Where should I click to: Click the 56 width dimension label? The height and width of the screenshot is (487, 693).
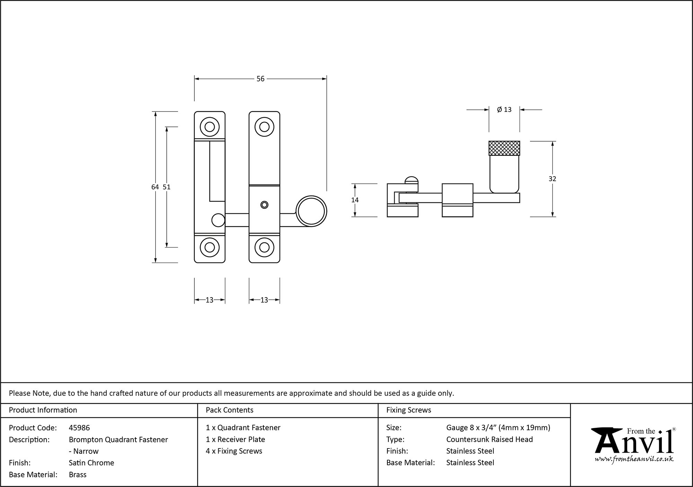(x=260, y=79)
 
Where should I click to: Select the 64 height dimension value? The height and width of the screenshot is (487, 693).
(x=155, y=187)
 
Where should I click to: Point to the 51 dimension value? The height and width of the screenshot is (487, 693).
(x=167, y=187)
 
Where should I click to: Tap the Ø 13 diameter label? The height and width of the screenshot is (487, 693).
(x=504, y=110)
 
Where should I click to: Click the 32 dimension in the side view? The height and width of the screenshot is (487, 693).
(x=552, y=179)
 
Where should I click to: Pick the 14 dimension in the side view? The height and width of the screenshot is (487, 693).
(x=355, y=200)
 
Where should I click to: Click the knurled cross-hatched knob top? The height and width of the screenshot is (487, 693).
(x=504, y=148)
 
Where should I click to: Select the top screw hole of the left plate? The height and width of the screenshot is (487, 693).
(x=210, y=127)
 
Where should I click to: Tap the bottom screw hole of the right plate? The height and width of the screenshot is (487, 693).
(x=264, y=247)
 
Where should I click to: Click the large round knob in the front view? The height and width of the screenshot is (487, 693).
(x=311, y=211)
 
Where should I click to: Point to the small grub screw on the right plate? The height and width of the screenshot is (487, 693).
(x=264, y=205)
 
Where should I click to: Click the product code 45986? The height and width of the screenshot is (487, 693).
(x=79, y=428)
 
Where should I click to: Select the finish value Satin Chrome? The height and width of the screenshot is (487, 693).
(x=91, y=463)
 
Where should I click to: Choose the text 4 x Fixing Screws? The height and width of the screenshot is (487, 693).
(x=234, y=451)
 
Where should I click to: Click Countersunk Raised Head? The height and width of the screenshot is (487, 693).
(x=489, y=439)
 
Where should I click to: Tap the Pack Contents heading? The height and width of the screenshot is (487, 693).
(x=229, y=410)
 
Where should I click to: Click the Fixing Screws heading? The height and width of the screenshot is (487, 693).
(x=409, y=410)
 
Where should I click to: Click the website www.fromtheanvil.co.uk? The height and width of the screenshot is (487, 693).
(x=634, y=459)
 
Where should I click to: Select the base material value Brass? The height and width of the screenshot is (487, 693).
(x=78, y=475)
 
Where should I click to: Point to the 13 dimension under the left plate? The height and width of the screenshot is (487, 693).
(x=209, y=300)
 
